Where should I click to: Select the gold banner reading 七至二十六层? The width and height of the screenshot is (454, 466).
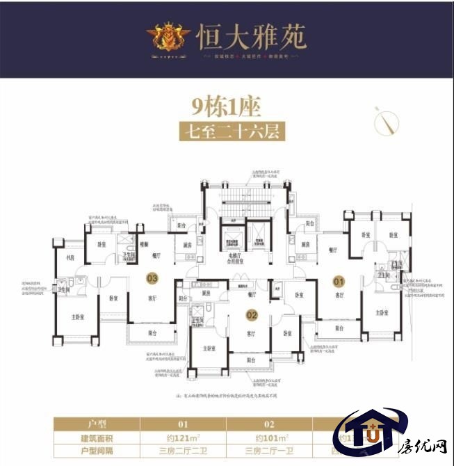(227, 131)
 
